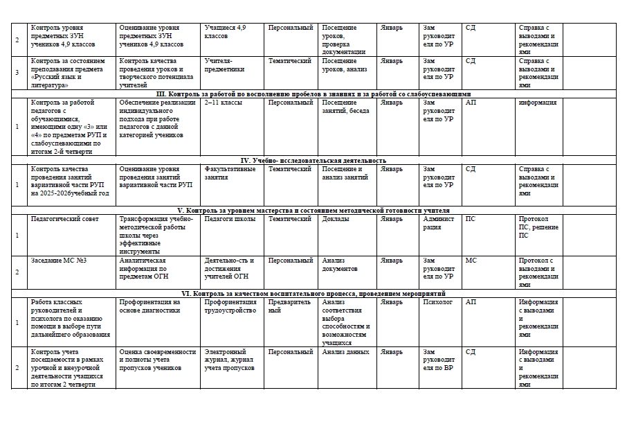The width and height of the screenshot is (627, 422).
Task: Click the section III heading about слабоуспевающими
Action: click(313, 94)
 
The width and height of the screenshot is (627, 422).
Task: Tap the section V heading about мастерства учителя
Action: click(313, 210)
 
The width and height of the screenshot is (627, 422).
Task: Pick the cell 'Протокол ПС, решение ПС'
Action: click(538, 227)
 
